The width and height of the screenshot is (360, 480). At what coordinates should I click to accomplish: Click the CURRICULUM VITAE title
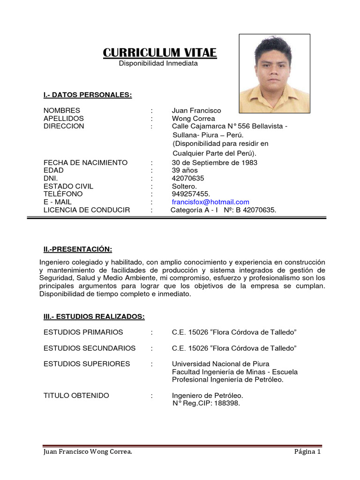[x=160, y=52]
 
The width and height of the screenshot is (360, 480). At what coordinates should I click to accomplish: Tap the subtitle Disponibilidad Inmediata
[x=158, y=63]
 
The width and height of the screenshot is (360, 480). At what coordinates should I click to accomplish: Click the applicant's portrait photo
[x=274, y=74]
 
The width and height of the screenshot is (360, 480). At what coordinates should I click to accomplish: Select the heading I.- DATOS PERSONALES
[x=88, y=95]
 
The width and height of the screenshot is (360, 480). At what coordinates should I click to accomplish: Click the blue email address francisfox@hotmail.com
[x=210, y=202]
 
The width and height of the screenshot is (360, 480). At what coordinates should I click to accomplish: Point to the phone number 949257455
[x=191, y=194]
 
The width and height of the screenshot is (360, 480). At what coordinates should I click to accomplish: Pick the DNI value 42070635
[x=188, y=178]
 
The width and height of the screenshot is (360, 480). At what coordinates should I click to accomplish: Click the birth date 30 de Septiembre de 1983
[x=214, y=163]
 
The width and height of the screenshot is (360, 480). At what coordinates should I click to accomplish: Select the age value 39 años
[x=185, y=170]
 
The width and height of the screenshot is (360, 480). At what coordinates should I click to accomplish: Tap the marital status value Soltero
[x=184, y=186]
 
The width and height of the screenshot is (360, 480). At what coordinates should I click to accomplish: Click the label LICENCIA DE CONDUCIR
[x=87, y=210]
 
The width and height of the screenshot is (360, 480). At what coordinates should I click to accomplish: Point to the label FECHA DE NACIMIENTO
[x=85, y=163]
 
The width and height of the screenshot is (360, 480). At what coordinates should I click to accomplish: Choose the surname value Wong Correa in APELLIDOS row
[x=193, y=118]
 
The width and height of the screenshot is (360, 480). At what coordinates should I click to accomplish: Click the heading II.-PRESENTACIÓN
[x=78, y=248]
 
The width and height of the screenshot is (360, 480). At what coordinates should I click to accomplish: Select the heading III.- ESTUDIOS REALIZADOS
[x=94, y=317]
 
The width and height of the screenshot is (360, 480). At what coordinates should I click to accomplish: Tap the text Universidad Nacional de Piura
[x=220, y=364]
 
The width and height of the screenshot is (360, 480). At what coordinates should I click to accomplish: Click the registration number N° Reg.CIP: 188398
[x=206, y=403]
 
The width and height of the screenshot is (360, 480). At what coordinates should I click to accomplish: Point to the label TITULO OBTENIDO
[x=76, y=396]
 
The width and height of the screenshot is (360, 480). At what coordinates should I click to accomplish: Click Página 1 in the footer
[x=307, y=452]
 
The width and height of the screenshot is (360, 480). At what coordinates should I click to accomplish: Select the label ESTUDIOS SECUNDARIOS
[x=90, y=348]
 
